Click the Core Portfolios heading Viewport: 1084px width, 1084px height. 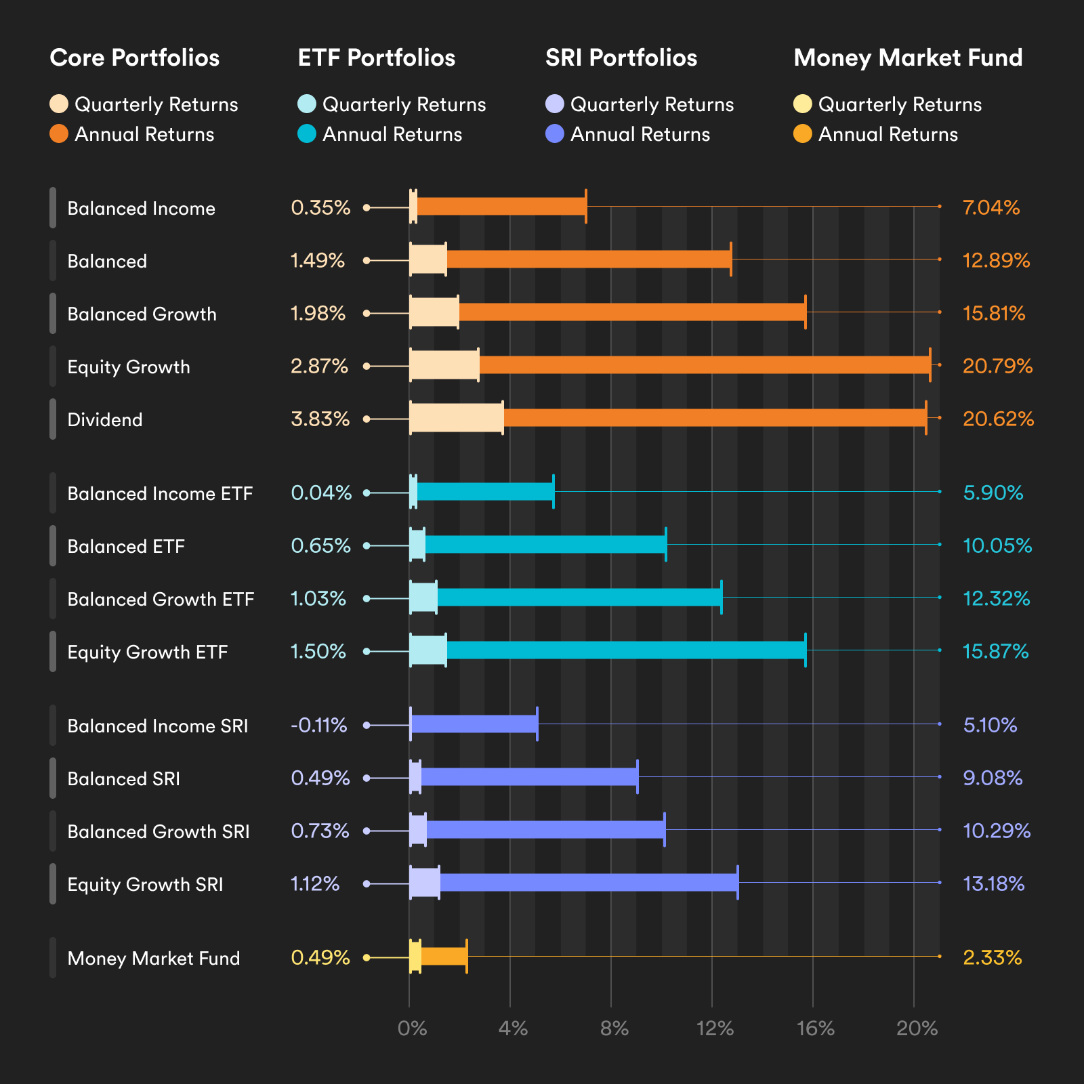pyautogui.click(x=134, y=58)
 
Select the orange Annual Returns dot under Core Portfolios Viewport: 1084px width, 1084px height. pyautogui.click(x=59, y=134)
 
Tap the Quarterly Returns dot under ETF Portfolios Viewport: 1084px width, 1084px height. pyautogui.click(x=307, y=104)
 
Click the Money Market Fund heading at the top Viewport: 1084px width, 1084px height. pyautogui.click(x=908, y=58)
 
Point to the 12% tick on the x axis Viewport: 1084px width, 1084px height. pyautogui.click(x=715, y=1029)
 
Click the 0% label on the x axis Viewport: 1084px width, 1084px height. pyautogui.click(x=412, y=1029)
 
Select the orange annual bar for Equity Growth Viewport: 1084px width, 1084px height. pyautogui.click(x=705, y=365)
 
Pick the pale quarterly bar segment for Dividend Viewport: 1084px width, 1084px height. pyautogui.click(x=456, y=418)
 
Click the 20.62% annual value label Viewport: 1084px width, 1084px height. pyautogui.click(x=998, y=419)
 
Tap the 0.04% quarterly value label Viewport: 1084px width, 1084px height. pyautogui.click(x=321, y=493)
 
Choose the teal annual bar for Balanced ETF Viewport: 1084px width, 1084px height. pyautogui.click(x=545, y=544)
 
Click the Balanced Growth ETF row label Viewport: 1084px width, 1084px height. pyautogui.click(x=161, y=600)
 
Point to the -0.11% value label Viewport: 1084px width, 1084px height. pyautogui.click(x=318, y=726)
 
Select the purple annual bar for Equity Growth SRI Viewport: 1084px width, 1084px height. pyautogui.click(x=588, y=882)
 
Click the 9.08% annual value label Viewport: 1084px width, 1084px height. pyautogui.click(x=993, y=778)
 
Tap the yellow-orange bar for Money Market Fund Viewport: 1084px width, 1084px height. pyautogui.click(x=444, y=957)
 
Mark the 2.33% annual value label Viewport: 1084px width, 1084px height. pyautogui.click(x=992, y=958)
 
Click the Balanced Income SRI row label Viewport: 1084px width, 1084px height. pyautogui.click(x=158, y=726)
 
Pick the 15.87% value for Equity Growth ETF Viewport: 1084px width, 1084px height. pyautogui.click(x=995, y=652)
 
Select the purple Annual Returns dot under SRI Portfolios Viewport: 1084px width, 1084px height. pyautogui.click(x=555, y=134)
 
